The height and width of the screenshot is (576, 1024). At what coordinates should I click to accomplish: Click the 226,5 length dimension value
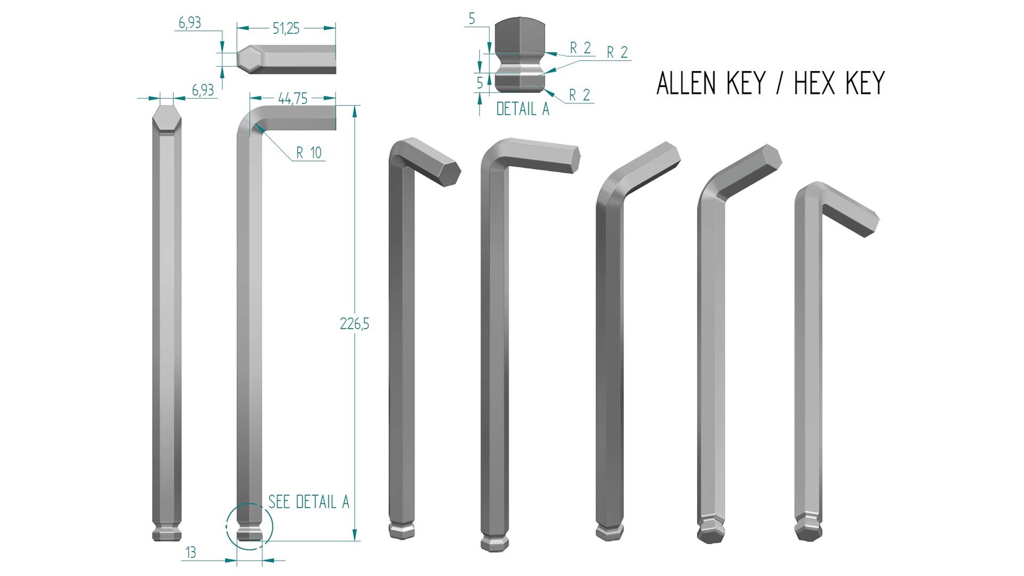pyautogui.click(x=354, y=324)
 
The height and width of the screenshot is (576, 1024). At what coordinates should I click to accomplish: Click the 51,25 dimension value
pyautogui.click(x=286, y=29)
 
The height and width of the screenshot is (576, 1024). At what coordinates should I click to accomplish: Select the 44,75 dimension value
pyautogui.click(x=292, y=99)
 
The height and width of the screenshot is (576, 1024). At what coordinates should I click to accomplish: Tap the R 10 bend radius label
pyautogui.click(x=309, y=153)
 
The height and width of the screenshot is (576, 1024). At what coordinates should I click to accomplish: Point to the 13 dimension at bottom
pyautogui.click(x=190, y=553)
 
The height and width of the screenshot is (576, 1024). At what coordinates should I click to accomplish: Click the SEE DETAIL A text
pyautogui.click(x=308, y=502)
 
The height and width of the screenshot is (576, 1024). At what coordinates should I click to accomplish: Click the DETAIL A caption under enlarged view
pyautogui.click(x=522, y=109)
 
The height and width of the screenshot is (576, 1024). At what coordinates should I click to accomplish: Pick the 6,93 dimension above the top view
pyautogui.click(x=189, y=23)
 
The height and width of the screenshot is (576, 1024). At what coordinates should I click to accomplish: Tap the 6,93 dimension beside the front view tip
pyautogui.click(x=203, y=91)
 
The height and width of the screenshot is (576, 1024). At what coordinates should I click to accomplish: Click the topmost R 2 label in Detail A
pyautogui.click(x=580, y=48)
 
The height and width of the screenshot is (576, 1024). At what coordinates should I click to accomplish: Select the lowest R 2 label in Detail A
pyautogui.click(x=579, y=95)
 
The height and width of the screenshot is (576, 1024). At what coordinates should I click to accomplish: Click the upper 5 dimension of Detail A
pyautogui.click(x=471, y=19)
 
